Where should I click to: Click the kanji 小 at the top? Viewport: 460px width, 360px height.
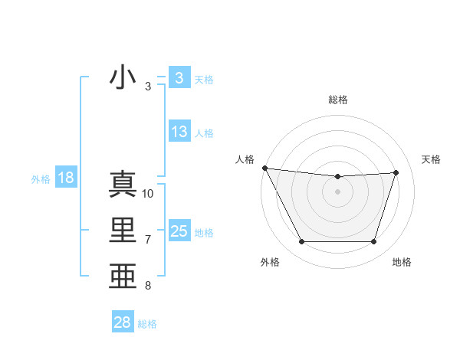pyautogui.click(x=123, y=77)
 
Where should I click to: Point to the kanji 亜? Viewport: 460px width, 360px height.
pyautogui.click(x=123, y=276)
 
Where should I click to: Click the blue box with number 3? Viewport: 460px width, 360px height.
pyautogui.click(x=179, y=77)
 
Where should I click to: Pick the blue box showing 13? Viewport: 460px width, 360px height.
pyautogui.click(x=179, y=132)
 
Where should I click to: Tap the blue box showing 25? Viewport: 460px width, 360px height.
pyautogui.click(x=179, y=231)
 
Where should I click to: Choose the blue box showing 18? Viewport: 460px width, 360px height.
pyautogui.click(x=65, y=178)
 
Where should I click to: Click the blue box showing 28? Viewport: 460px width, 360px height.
pyautogui.click(x=122, y=322)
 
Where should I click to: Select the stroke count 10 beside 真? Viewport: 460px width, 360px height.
pyautogui.click(x=148, y=194)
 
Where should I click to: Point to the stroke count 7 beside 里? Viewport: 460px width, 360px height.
pyautogui.click(x=148, y=240)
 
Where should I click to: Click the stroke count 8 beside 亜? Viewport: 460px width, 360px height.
pyautogui.click(x=148, y=286)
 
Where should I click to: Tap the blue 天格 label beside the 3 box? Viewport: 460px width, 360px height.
pyautogui.click(x=204, y=79)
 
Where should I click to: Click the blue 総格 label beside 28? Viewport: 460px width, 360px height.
pyautogui.click(x=147, y=324)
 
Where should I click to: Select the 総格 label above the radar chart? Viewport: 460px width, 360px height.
pyautogui.click(x=337, y=100)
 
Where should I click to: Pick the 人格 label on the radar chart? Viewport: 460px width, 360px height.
pyautogui.click(x=245, y=159)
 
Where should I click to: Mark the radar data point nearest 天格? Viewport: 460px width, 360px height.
pyautogui.click(x=396, y=172)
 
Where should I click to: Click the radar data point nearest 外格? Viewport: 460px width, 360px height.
pyautogui.click(x=301, y=242)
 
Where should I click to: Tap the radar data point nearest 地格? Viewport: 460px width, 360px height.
pyautogui.click(x=373, y=242)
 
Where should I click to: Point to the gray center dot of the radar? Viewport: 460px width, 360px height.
pyautogui.click(x=337, y=191)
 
